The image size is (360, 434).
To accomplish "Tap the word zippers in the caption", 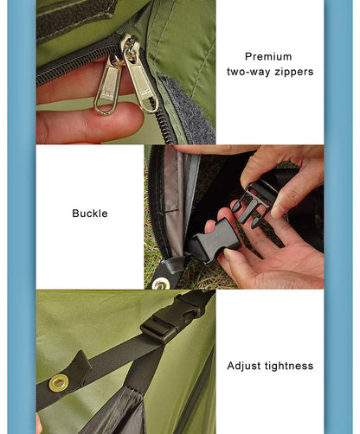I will tap(293, 72).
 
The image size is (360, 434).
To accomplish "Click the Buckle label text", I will tap(90, 213).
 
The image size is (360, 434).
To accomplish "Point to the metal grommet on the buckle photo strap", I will tap(161, 283).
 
